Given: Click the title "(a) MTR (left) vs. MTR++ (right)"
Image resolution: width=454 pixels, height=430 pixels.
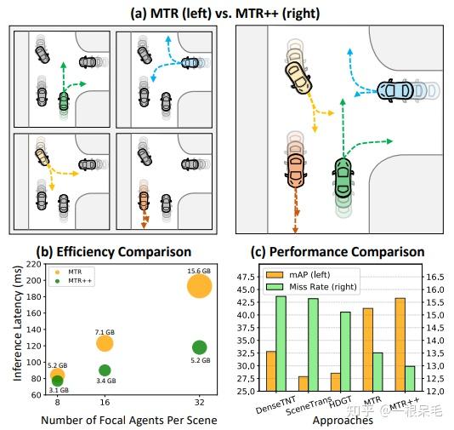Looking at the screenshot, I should tap(227, 12).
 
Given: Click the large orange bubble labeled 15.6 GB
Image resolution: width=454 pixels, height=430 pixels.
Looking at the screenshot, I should tap(199, 286).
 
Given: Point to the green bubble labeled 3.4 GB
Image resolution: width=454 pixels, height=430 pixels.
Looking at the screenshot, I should tap(105, 370).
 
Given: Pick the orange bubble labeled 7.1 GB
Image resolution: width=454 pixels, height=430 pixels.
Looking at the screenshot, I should tap(105, 343).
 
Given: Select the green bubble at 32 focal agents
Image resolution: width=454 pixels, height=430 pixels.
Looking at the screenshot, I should tap(199, 347).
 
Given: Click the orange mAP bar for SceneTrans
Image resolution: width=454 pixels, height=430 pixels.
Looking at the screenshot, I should tap(303, 383).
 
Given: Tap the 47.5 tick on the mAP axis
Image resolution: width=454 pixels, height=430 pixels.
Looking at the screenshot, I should tap(244, 277).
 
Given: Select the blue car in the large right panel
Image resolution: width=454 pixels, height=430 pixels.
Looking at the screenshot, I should tap(400, 90).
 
